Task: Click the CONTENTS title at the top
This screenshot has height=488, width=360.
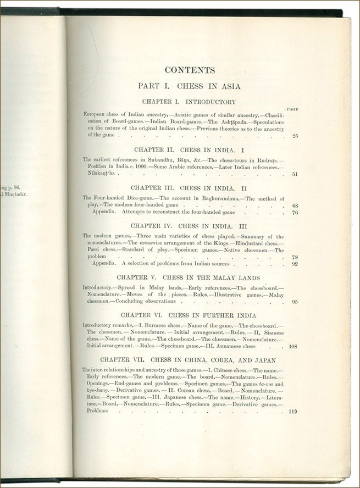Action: tap(190, 70)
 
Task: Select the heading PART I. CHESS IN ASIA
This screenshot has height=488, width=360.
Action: tap(190, 86)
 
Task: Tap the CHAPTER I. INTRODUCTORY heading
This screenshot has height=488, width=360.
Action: tap(189, 102)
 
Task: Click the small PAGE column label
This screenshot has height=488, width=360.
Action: tap(292, 109)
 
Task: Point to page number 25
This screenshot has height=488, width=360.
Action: tap(295, 135)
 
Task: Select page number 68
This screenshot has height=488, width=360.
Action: tap(295, 206)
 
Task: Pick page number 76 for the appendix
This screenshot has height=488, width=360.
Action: tap(295, 212)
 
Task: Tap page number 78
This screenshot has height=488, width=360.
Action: tap(295, 257)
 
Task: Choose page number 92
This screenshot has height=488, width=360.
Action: tap(295, 263)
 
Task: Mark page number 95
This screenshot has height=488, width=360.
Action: tap(295, 302)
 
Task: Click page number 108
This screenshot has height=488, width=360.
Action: tap(293, 346)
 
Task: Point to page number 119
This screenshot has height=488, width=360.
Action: tap(293, 411)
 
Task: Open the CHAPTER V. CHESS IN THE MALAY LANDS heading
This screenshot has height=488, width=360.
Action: tap(189, 278)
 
